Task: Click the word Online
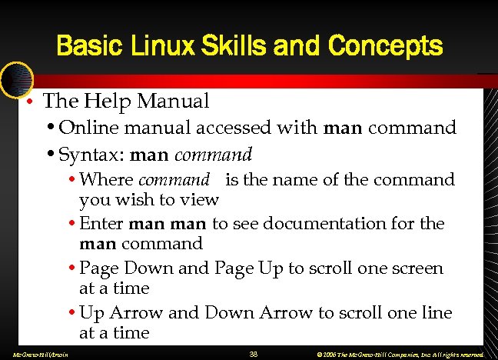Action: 85,127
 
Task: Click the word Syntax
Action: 90,155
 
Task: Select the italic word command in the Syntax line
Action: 213,155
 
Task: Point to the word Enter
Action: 102,224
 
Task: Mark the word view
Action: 201,200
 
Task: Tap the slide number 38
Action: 254,354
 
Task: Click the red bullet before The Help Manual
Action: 28,102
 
